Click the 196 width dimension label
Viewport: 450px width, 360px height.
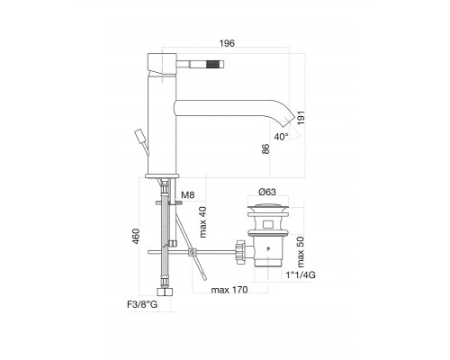pos(227,43)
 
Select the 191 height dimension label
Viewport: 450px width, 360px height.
pos(301,118)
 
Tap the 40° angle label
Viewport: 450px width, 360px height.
pos(281,137)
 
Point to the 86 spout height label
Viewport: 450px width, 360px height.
pos(265,148)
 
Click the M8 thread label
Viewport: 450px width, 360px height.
pos(187,195)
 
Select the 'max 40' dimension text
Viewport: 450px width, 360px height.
pos(203,222)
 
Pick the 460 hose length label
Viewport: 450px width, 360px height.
pos(136,236)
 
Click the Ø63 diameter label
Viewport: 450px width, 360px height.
pos(267,192)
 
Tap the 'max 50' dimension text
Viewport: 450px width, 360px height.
pos(301,252)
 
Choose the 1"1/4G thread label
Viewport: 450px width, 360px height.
pos(301,274)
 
